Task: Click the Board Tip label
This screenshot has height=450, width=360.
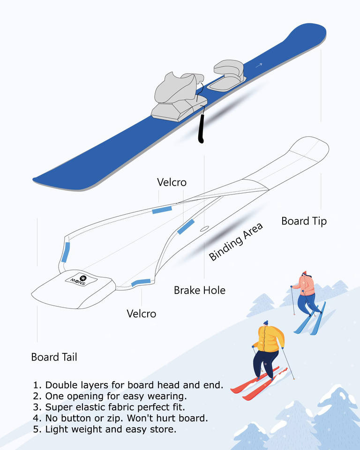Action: [x=304, y=221]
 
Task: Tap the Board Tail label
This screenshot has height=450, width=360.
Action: [x=54, y=357]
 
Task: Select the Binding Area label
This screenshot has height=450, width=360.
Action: [x=236, y=241]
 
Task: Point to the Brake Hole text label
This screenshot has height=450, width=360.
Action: [x=199, y=290]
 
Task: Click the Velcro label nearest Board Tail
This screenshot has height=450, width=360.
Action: [x=141, y=313]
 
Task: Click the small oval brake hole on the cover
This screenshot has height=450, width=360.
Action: [x=203, y=229]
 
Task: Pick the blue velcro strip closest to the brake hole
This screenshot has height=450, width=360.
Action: [x=186, y=226]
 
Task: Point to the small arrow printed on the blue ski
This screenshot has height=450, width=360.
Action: [x=259, y=66]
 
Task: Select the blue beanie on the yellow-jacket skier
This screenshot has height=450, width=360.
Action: [x=266, y=323]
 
